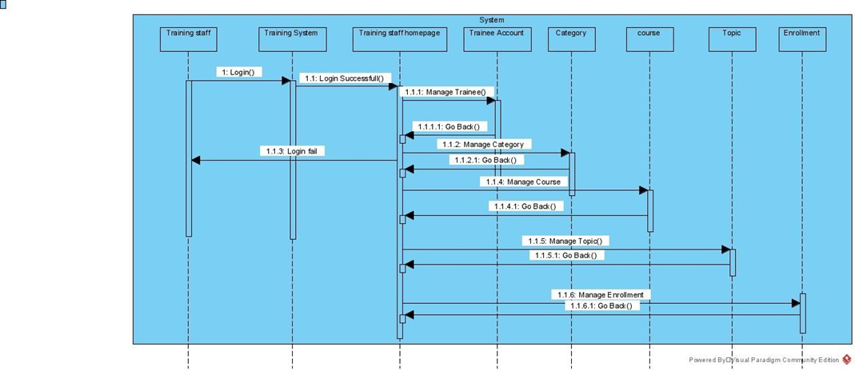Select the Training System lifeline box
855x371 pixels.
coord(291,38)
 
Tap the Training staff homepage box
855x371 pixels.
coord(399,38)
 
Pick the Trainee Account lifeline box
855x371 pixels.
coord(497,38)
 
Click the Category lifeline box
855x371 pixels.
coord(571,38)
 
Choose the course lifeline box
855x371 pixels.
coord(649,38)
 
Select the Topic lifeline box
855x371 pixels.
coord(732,38)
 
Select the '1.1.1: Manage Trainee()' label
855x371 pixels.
coord(445,93)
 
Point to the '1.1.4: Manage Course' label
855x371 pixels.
coord(523,182)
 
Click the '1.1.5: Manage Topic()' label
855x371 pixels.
coord(566,241)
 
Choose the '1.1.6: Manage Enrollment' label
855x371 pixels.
coord(601,294)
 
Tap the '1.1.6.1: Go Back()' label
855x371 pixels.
coord(601,305)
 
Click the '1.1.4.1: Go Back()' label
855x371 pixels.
coord(524,206)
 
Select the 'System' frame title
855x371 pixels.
coord(492,20)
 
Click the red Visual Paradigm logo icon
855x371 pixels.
coord(847,360)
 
